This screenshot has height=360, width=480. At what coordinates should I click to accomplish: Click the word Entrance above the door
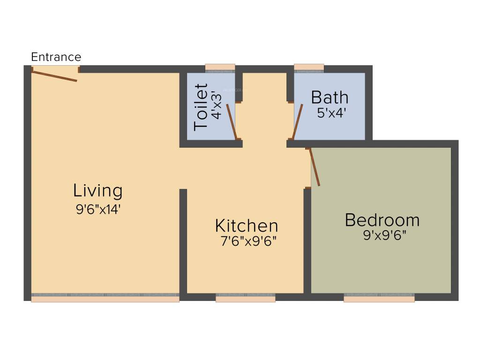(56, 57)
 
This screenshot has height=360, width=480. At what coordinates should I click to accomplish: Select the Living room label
(98, 191)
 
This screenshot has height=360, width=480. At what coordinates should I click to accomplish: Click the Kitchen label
(247, 225)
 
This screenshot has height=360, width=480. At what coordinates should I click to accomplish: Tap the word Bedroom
(382, 219)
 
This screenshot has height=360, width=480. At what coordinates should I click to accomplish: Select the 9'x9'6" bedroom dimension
(384, 235)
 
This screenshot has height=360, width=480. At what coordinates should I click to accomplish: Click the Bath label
(330, 97)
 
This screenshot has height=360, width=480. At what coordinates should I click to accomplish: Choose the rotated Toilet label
(201, 107)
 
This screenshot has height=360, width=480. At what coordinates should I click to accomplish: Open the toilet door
(231, 121)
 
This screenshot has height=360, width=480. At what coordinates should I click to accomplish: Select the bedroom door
(315, 167)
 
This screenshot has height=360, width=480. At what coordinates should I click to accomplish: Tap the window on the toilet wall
(220, 67)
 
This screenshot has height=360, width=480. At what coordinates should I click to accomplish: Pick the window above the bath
(309, 67)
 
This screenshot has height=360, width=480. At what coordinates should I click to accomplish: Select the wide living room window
(105, 298)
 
